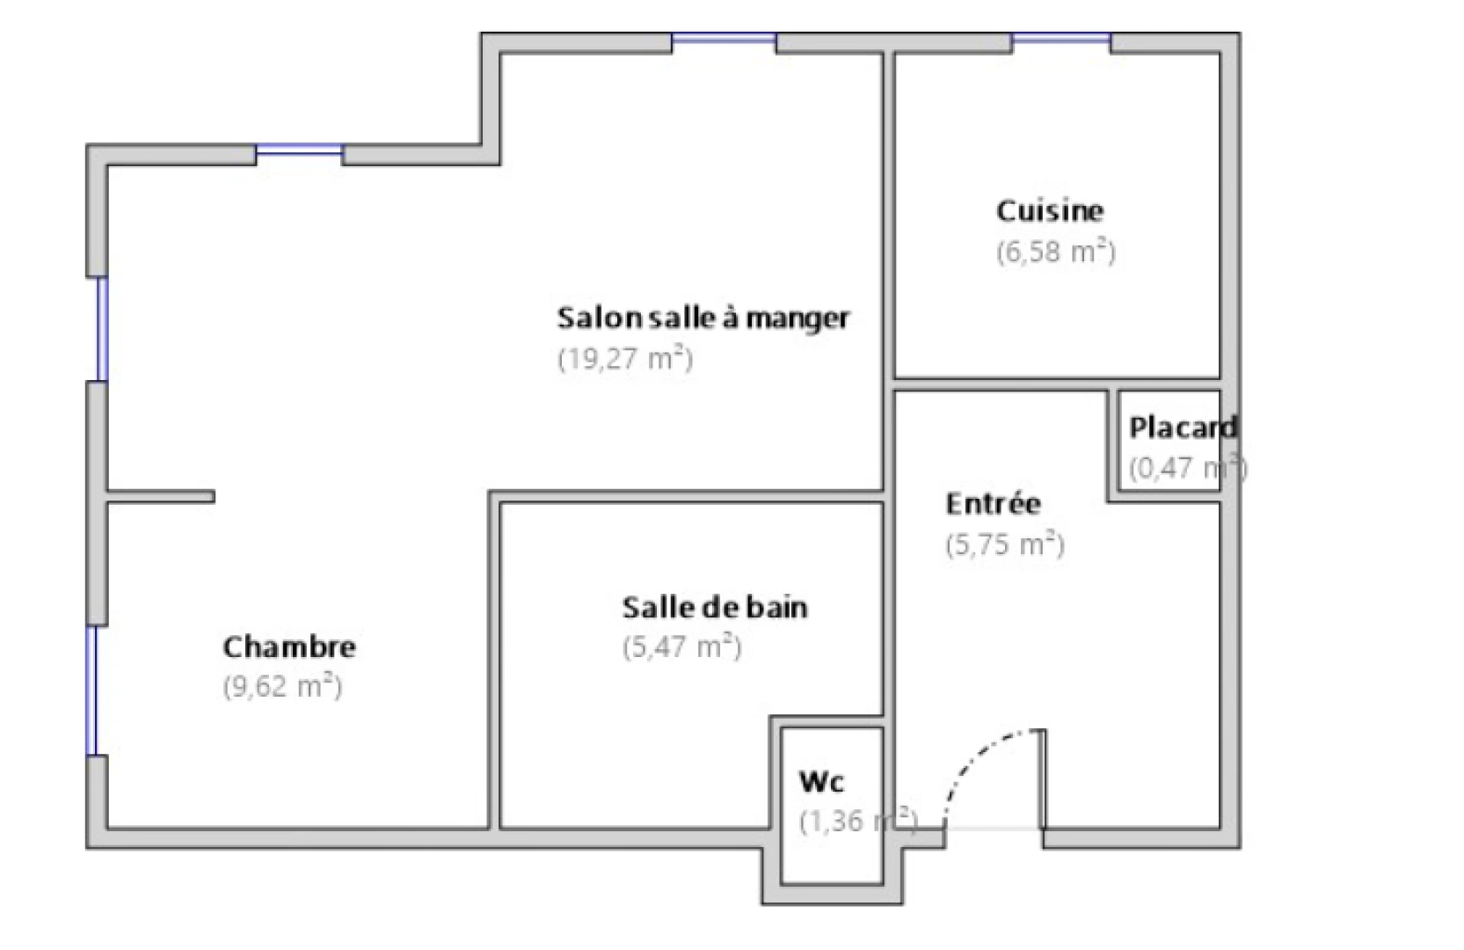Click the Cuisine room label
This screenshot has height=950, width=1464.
tap(1049, 211)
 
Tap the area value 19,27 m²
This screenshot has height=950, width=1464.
tap(625, 359)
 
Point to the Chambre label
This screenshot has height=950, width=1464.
tap(289, 647)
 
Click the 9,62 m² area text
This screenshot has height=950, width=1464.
tap(282, 686)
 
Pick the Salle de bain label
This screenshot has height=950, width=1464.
tap(714, 607)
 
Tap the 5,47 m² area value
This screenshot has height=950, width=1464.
tap(682, 647)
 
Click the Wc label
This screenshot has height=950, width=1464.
tap(821, 781)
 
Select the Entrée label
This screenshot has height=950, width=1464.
tap(993, 504)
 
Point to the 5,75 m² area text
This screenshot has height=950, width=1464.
tap(1005, 544)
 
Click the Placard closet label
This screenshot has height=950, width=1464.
tap(1183, 428)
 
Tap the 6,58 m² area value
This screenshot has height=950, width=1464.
tap(1055, 252)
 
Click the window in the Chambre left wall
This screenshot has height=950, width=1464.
tap(91, 691)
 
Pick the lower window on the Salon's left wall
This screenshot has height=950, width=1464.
tap(102, 329)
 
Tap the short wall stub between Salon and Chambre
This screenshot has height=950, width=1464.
tap(161, 497)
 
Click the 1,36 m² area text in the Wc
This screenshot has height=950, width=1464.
tap(857, 822)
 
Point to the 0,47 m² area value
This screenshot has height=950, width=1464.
tap(1187, 468)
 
